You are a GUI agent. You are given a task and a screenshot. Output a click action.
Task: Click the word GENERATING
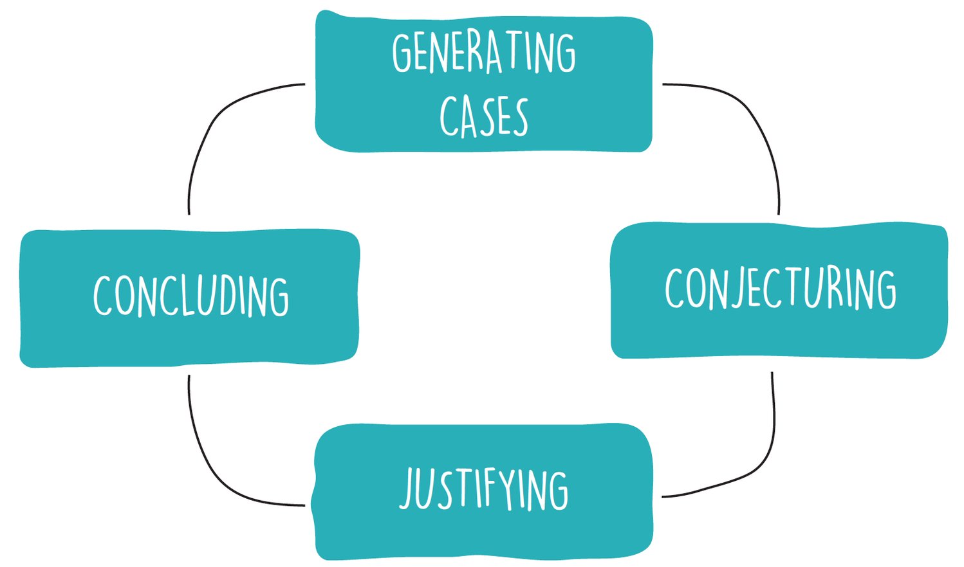coord(484,53)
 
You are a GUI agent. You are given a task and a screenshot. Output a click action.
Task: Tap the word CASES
coord(484,117)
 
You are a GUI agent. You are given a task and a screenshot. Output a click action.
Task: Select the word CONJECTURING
coord(780,289)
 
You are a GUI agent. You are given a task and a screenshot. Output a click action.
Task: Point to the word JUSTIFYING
coord(484,490)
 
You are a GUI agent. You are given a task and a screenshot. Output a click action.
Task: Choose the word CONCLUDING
coord(191,296)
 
